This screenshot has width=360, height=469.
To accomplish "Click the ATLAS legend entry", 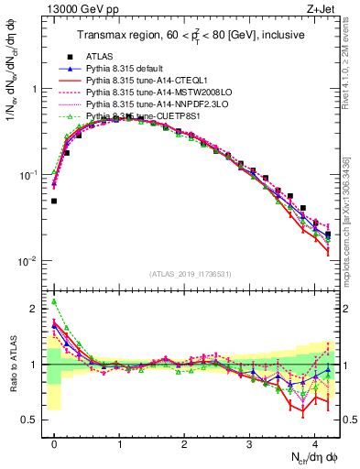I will (x=102, y=56).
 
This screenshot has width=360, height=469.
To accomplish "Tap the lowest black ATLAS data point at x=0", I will (x=54, y=201).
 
